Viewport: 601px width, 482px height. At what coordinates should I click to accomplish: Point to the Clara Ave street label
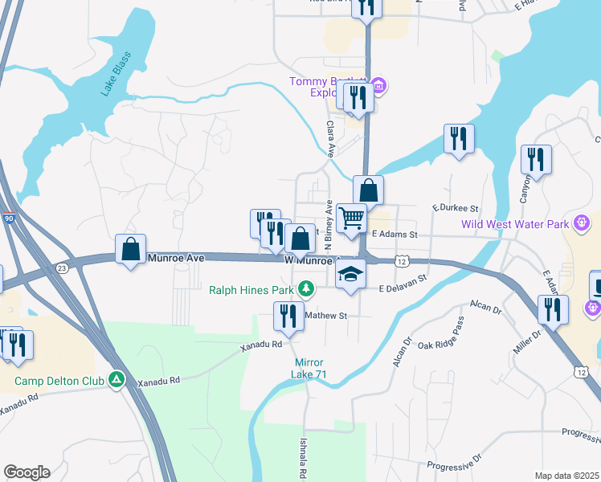[x=329, y=138]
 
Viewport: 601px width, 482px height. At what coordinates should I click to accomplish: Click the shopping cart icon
[x=351, y=218]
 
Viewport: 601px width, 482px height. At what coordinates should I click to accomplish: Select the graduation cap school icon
[x=350, y=274]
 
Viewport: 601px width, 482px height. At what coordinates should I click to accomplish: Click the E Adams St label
[x=395, y=235]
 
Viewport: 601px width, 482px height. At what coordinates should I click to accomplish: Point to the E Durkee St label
[x=456, y=207]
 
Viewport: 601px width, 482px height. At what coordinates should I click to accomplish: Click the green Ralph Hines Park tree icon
[x=305, y=288]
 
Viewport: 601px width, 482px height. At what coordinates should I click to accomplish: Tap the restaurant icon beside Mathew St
[x=288, y=315]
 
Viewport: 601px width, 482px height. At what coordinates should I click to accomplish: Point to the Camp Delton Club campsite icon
[x=117, y=378]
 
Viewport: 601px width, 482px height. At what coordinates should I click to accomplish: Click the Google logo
[x=27, y=472]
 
